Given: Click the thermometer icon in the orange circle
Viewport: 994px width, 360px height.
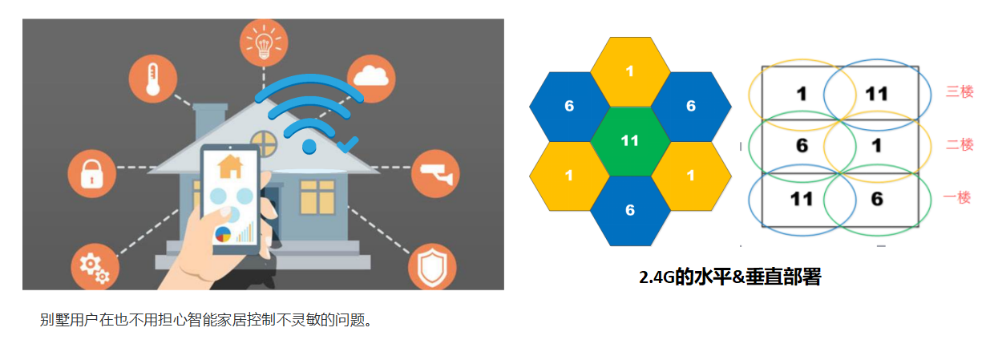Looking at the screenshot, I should (x=152, y=80).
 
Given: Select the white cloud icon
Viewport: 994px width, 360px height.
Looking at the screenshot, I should (x=370, y=76).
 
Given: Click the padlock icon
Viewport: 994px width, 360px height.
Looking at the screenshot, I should (x=91, y=173).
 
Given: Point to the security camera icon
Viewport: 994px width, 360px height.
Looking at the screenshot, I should (x=435, y=172).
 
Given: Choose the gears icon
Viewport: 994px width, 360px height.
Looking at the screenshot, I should (x=94, y=266).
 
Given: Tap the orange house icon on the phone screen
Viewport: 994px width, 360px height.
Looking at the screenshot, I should (x=230, y=166).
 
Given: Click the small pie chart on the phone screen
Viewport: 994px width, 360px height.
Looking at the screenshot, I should (x=223, y=233).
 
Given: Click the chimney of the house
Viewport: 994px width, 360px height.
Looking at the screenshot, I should (x=208, y=122).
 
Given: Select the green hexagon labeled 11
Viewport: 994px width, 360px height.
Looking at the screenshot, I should (x=630, y=140).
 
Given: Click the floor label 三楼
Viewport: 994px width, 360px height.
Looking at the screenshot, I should (x=960, y=91).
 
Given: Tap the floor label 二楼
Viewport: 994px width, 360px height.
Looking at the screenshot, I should (x=960, y=144).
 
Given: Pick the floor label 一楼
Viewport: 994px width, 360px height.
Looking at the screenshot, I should (x=958, y=197).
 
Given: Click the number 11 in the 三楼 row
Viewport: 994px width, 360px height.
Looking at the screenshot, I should (x=876, y=94).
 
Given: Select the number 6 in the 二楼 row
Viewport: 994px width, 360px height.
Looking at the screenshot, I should (x=802, y=147).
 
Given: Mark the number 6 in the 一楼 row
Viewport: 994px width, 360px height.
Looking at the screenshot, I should (x=877, y=199).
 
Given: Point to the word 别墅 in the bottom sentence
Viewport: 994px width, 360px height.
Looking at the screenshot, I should (x=52, y=321).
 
